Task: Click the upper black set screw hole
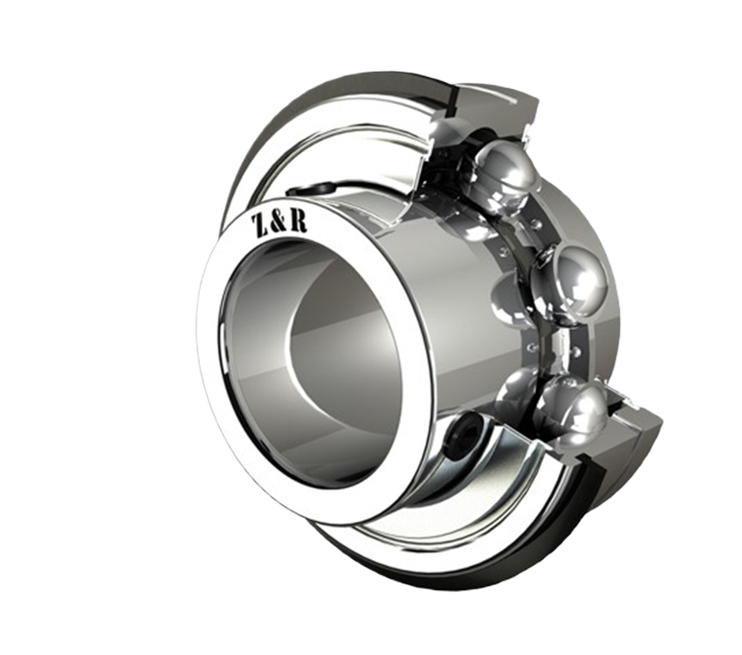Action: tap(313, 190)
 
